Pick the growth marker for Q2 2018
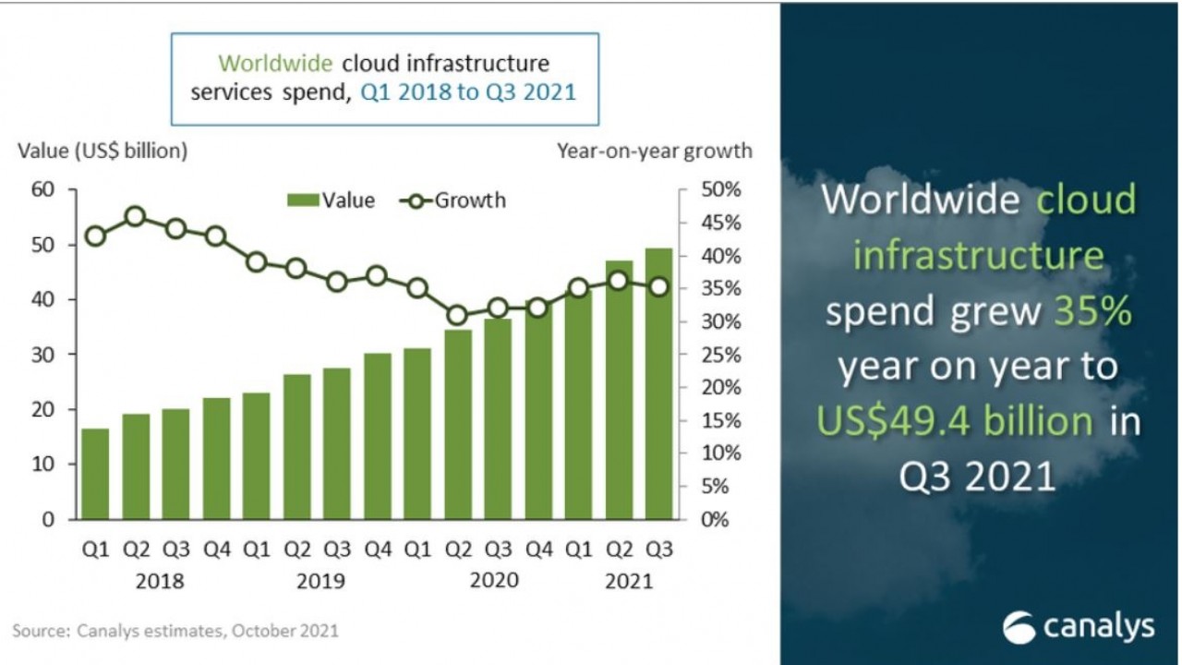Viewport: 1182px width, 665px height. pyautogui.click(x=135, y=216)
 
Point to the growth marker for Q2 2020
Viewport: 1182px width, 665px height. pyautogui.click(x=456, y=315)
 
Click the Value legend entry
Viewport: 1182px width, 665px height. pyautogui.click(x=332, y=200)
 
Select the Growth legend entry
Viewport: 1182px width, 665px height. pyautogui.click(x=452, y=200)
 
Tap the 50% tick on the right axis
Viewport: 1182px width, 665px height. pyautogui.click(x=721, y=189)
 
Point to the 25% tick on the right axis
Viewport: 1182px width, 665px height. pyautogui.click(x=721, y=355)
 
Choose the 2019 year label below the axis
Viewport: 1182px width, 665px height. pyautogui.click(x=321, y=582)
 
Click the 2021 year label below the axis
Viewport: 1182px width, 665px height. pyautogui.click(x=628, y=582)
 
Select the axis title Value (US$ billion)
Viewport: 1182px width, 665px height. pyautogui.click(x=103, y=151)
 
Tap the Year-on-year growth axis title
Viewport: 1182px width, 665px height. pyautogui.click(x=655, y=151)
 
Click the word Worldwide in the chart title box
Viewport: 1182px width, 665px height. pyautogui.click(x=275, y=64)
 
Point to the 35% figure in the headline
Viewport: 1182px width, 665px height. pyautogui.click(x=1092, y=311)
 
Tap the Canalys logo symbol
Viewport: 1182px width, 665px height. pyautogui.click(x=1019, y=627)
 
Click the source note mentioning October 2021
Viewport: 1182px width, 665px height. pyautogui.click(x=175, y=632)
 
